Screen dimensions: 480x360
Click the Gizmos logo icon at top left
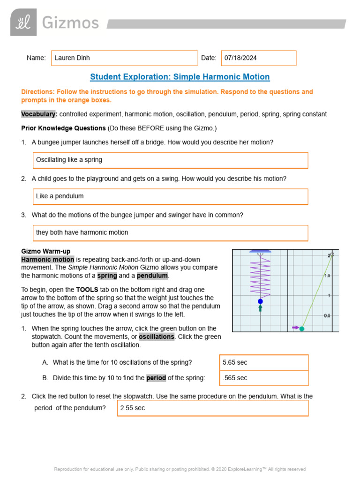tap(23, 22)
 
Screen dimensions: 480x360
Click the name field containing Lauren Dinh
tap(124, 58)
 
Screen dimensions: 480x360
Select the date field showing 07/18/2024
tap(258, 58)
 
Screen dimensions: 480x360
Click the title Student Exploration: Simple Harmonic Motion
tap(180, 77)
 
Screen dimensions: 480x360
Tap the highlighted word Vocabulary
tap(39, 114)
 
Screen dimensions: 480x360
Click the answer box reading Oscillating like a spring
tap(170, 160)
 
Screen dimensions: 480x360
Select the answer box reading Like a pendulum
tap(170, 196)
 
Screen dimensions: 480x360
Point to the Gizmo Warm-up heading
tap(46, 251)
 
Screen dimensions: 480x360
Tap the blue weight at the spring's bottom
tap(260, 301)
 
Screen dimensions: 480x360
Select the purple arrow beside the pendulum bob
tap(295, 328)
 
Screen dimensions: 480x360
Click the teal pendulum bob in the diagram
tap(302, 329)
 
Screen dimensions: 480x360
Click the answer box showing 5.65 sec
tap(264, 362)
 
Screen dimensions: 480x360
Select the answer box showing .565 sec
tap(264, 378)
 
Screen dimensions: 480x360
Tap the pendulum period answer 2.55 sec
tap(212, 408)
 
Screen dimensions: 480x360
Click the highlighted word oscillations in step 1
tap(157, 337)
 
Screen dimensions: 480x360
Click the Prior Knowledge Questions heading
tap(63, 128)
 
